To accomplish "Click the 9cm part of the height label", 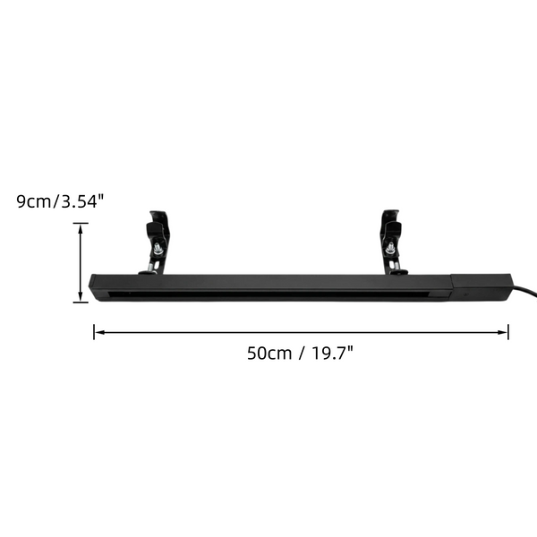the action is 34,201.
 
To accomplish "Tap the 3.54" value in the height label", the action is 81,201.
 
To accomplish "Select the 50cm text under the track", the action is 269,354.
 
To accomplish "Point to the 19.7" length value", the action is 332,353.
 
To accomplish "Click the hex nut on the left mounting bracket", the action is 158,249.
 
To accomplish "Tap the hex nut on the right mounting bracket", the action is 390,248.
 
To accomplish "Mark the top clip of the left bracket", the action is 158,224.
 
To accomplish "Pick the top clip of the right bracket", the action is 391,223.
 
